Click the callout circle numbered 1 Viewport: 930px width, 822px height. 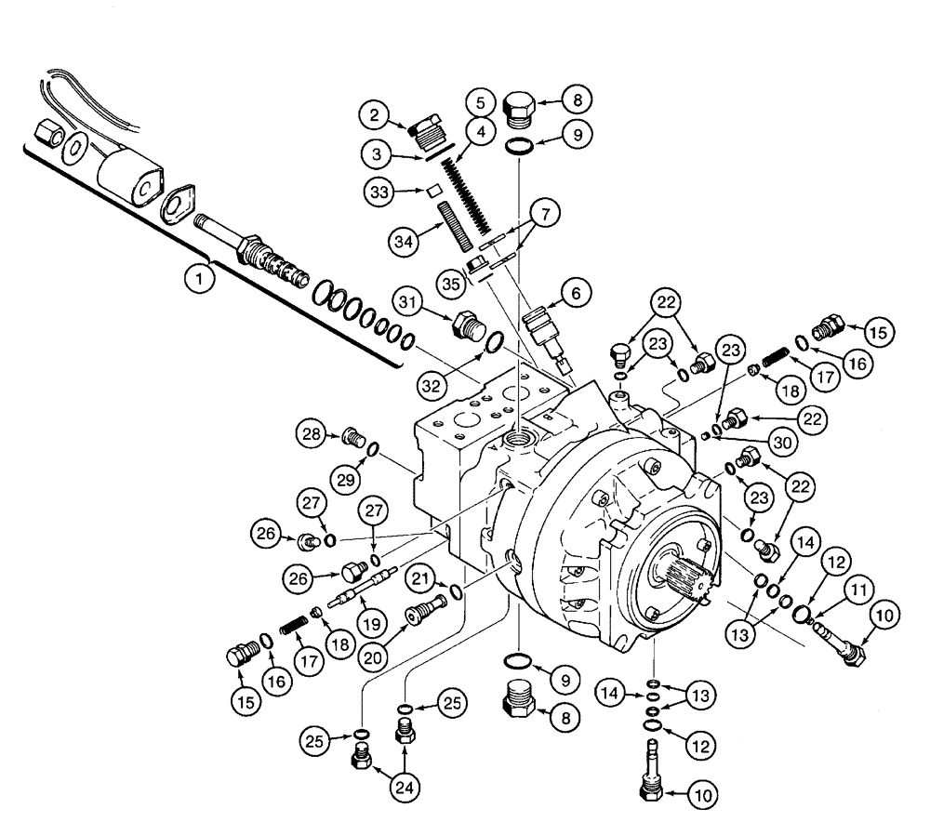(196, 276)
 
